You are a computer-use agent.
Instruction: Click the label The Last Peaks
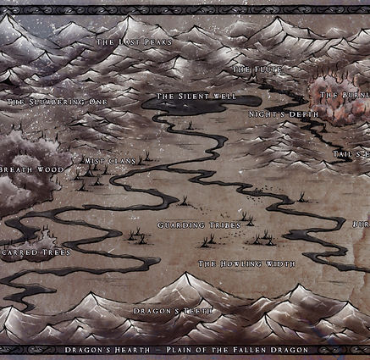[x=134, y=42]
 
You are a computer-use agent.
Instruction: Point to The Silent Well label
[x=196, y=97]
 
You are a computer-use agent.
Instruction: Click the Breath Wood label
[x=25, y=169]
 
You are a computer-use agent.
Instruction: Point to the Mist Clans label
[x=110, y=160]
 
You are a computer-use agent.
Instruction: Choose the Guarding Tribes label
[x=199, y=224]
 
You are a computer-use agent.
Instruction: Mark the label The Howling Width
[x=246, y=264]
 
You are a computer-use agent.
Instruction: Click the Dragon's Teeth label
[x=173, y=312]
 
